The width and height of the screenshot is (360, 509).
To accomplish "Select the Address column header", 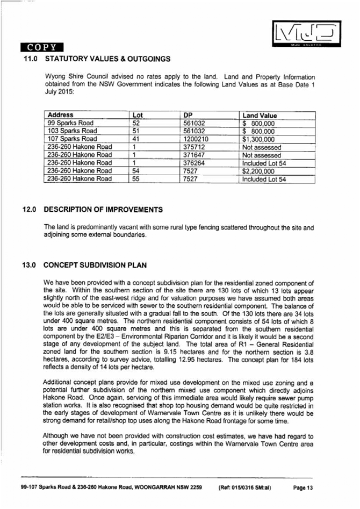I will (x=60, y=115).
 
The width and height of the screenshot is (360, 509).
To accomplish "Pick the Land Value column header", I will (x=260, y=115).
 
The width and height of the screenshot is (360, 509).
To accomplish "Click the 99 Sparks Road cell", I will (x=70, y=123).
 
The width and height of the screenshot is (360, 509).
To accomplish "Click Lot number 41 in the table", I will (x=136, y=139).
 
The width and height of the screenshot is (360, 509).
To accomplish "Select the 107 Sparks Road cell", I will (x=71, y=139).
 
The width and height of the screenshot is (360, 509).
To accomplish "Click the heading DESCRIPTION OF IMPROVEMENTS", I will (x=103, y=209).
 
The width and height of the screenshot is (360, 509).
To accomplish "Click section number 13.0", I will (x=28, y=265).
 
